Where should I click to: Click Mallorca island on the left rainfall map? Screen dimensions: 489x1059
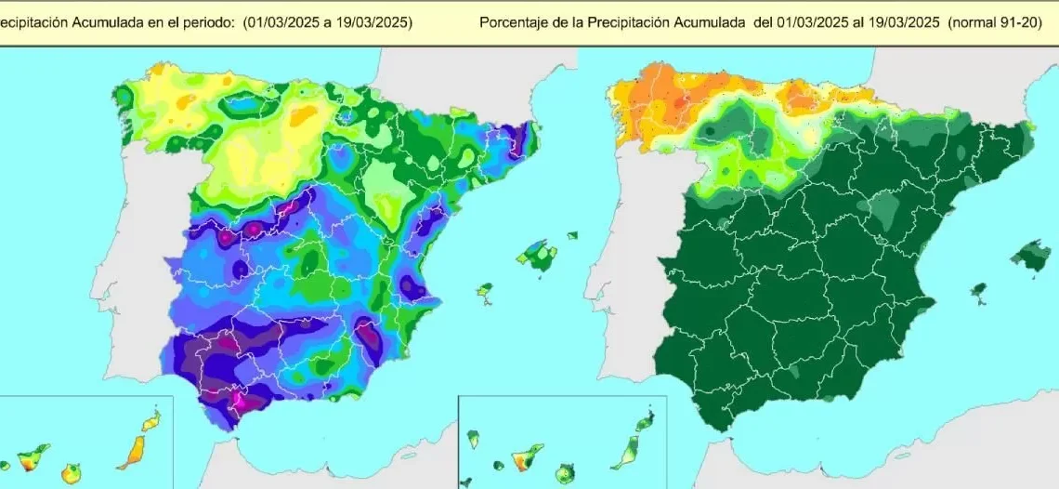tap(536, 253)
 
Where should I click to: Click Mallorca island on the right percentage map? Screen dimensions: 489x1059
tap(1031, 254)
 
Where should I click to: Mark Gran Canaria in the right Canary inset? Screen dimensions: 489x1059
tap(562, 474)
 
